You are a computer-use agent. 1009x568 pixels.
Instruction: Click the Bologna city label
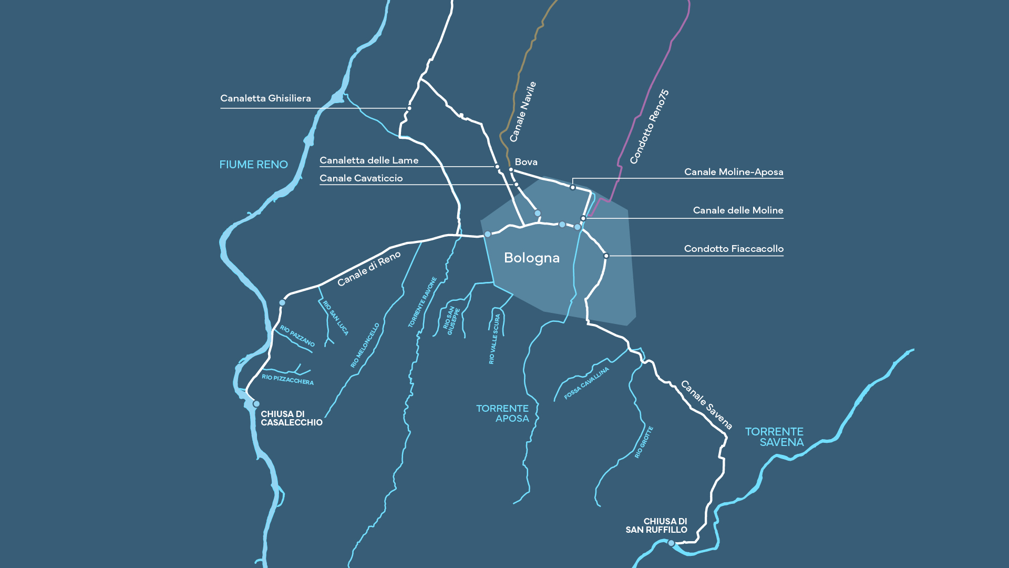tap(531, 258)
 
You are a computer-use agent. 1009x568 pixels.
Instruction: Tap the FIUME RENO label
tap(253, 165)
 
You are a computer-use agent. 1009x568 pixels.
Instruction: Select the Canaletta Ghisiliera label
tap(265, 98)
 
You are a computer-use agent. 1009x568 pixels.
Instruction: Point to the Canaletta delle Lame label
tap(369, 160)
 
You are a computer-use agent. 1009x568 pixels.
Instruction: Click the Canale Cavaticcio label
tap(361, 178)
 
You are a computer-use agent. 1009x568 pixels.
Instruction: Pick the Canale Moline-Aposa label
tap(733, 172)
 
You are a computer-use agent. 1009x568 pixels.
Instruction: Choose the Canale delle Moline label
tap(738, 210)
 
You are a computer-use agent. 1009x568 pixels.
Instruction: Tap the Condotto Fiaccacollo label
tap(734, 249)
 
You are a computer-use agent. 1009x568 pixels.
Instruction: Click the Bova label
tap(526, 162)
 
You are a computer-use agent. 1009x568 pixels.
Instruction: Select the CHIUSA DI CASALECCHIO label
tap(291, 418)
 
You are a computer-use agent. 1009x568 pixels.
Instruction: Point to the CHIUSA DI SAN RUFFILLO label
tap(656, 525)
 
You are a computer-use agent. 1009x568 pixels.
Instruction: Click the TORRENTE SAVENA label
tap(775, 437)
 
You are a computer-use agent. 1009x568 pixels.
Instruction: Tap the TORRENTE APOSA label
tap(502, 413)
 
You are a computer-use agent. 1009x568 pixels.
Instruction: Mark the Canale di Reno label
tap(369, 269)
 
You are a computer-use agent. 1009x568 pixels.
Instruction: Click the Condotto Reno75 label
tap(650, 127)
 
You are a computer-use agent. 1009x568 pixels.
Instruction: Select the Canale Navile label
tap(523, 111)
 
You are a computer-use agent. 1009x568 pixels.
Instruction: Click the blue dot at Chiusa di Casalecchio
tap(256, 404)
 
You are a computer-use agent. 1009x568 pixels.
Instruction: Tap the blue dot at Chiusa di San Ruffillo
tap(671, 543)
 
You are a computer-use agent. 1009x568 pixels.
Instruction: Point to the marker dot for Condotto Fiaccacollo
tap(606, 256)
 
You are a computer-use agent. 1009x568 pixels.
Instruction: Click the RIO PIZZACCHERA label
tap(287, 380)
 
